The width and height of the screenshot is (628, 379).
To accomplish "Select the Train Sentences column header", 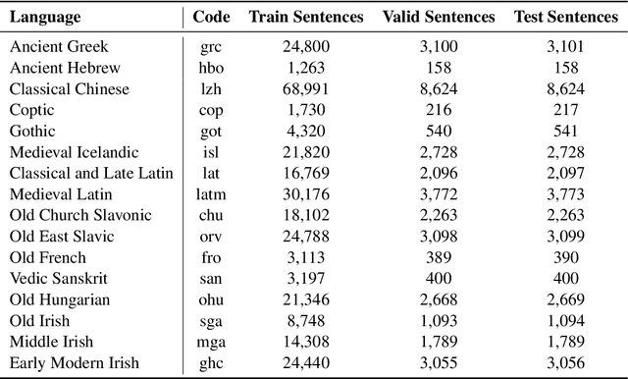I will tap(306, 18).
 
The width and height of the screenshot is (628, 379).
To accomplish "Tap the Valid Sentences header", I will tap(439, 18).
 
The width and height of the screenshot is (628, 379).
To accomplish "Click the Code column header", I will tap(211, 18).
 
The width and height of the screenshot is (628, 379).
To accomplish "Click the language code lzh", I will tap(211, 88).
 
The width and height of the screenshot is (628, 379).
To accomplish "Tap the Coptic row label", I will tap(33, 110).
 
